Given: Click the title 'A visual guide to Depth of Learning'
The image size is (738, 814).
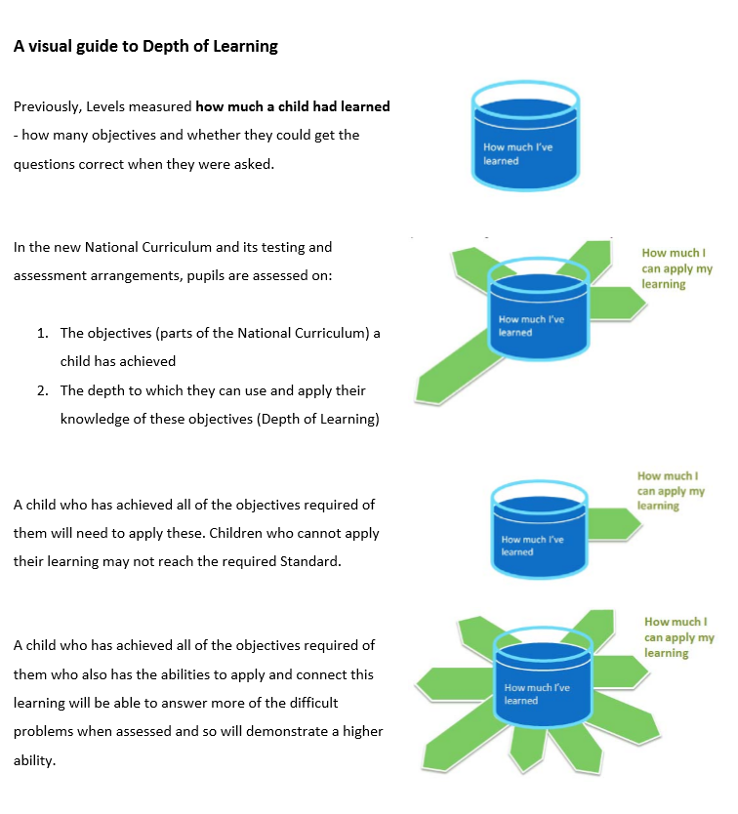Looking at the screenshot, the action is click(145, 46).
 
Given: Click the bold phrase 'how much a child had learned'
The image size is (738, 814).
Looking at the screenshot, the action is click(293, 106).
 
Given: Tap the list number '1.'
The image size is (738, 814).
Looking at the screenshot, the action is click(43, 333).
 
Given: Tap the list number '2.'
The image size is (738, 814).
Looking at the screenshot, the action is click(43, 390).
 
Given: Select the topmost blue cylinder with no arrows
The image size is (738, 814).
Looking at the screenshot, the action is click(525, 136).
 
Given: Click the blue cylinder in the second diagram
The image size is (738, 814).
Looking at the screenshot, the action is click(538, 308).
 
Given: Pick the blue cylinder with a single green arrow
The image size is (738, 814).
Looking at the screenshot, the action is click(539, 530).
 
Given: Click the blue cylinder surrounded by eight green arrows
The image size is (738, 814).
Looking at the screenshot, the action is click(543, 677).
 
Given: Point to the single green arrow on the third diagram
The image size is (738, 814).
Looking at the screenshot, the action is click(614, 524).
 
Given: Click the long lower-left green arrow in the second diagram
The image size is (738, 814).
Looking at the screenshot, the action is click(457, 369).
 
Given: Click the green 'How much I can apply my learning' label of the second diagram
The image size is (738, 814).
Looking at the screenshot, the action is click(676, 268).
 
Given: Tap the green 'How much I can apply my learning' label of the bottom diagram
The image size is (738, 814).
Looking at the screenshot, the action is click(678, 637).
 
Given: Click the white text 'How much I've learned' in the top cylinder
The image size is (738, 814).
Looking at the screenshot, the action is click(517, 154).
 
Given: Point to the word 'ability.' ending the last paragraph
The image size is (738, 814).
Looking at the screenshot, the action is click(34, 761).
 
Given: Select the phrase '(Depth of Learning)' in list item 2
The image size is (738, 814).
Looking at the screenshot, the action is click(318, 420).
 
